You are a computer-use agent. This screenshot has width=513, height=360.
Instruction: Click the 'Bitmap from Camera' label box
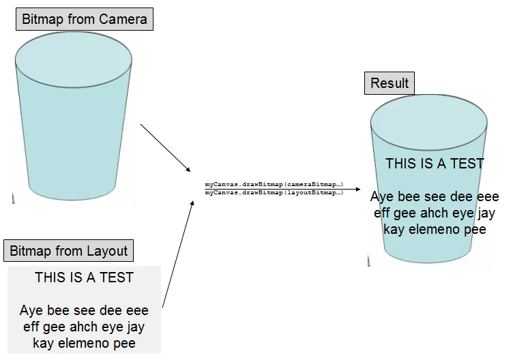(x=85, y=19)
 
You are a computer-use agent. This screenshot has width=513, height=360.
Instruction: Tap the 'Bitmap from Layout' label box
(x=68, y=251)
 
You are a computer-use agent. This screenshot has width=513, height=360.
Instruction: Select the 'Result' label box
(x=390, y=83)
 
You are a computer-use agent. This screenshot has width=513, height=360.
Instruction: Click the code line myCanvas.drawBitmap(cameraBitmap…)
(x=274, y=185)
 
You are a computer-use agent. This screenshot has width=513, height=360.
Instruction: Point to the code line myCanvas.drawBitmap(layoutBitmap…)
(x=274, y=193)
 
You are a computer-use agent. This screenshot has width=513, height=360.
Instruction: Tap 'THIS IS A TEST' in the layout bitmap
(x=84, y=277)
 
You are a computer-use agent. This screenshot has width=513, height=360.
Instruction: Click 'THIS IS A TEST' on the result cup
(x=435, y=164)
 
